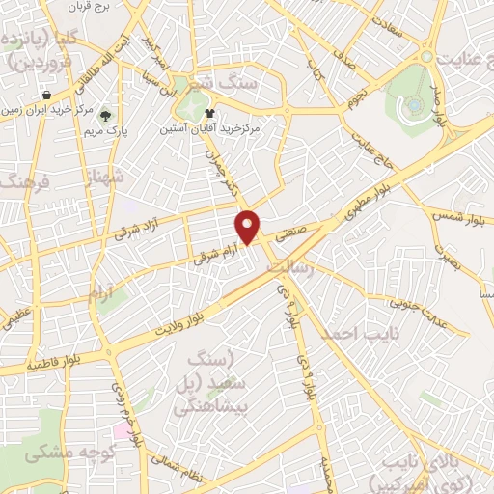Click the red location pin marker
click(249, 226)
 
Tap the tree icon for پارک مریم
click(107, 114)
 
